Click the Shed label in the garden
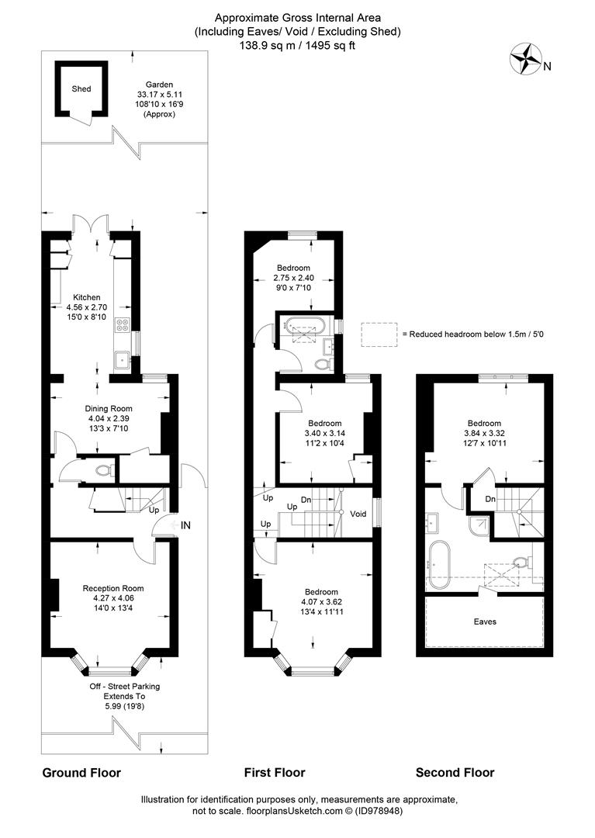pos(81,89)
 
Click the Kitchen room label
pos(87,297)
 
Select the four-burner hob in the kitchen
pos(123,325)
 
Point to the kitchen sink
pos(123,360)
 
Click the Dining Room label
pos(109,409)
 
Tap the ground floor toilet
pos(104,471)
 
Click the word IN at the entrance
pos(185,525)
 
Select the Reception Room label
pos(112,588)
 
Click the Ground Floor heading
pos(81,773)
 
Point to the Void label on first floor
pos(358,514)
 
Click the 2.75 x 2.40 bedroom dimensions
pos(293,278)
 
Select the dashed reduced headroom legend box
pos(379,334)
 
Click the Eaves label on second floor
pos(484,622)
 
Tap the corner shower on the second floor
pos(479,526)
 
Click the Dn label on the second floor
pos(489,499)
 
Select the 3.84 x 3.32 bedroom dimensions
pos(484,434)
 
